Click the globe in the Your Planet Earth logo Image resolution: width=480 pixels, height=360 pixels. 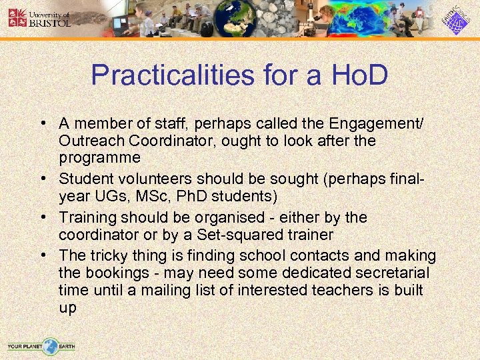click(50, 346)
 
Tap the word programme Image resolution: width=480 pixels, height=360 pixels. click(99, 158)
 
